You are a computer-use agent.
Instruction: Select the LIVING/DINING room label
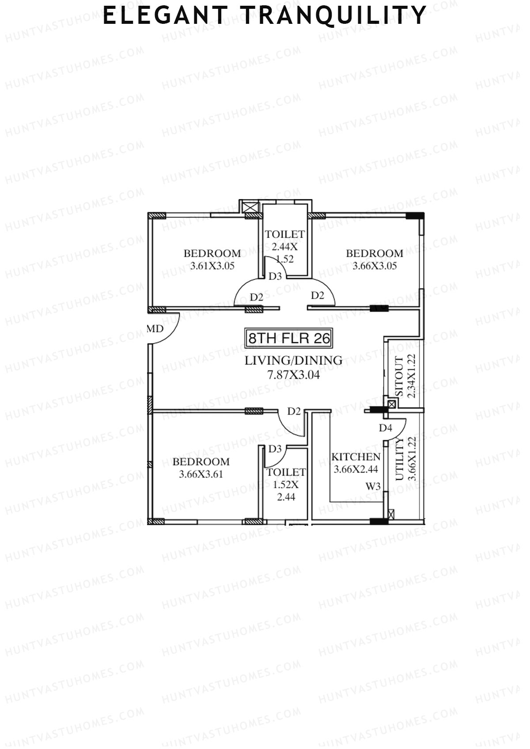(x=294, y=361)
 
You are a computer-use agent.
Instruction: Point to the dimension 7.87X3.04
(x=294, y=375)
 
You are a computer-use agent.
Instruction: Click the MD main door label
(x=155, y=329)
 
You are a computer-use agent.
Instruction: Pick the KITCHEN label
(x=356, y=457)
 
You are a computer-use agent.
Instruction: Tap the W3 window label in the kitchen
(x=373, y=486)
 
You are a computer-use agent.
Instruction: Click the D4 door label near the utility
(x=385, y=427)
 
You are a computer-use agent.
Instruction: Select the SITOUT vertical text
(x=399, y=376)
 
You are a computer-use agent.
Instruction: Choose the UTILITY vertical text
(x=399, y=459)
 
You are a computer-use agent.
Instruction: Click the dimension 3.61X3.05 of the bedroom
(x=212, y=266)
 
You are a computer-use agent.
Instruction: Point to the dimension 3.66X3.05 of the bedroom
(x=375, y=266)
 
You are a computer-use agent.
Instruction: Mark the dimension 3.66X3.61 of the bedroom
(x=201, y=474)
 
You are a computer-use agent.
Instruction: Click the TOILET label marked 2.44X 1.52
(x=285, y=234)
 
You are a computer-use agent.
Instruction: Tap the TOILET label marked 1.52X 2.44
(x=286, y=472)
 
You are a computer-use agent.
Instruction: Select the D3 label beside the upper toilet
(x=275, y=276)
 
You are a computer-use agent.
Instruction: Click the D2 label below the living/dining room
(x=294, y=411)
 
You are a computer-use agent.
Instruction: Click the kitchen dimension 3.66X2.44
(x=356, y=470)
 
